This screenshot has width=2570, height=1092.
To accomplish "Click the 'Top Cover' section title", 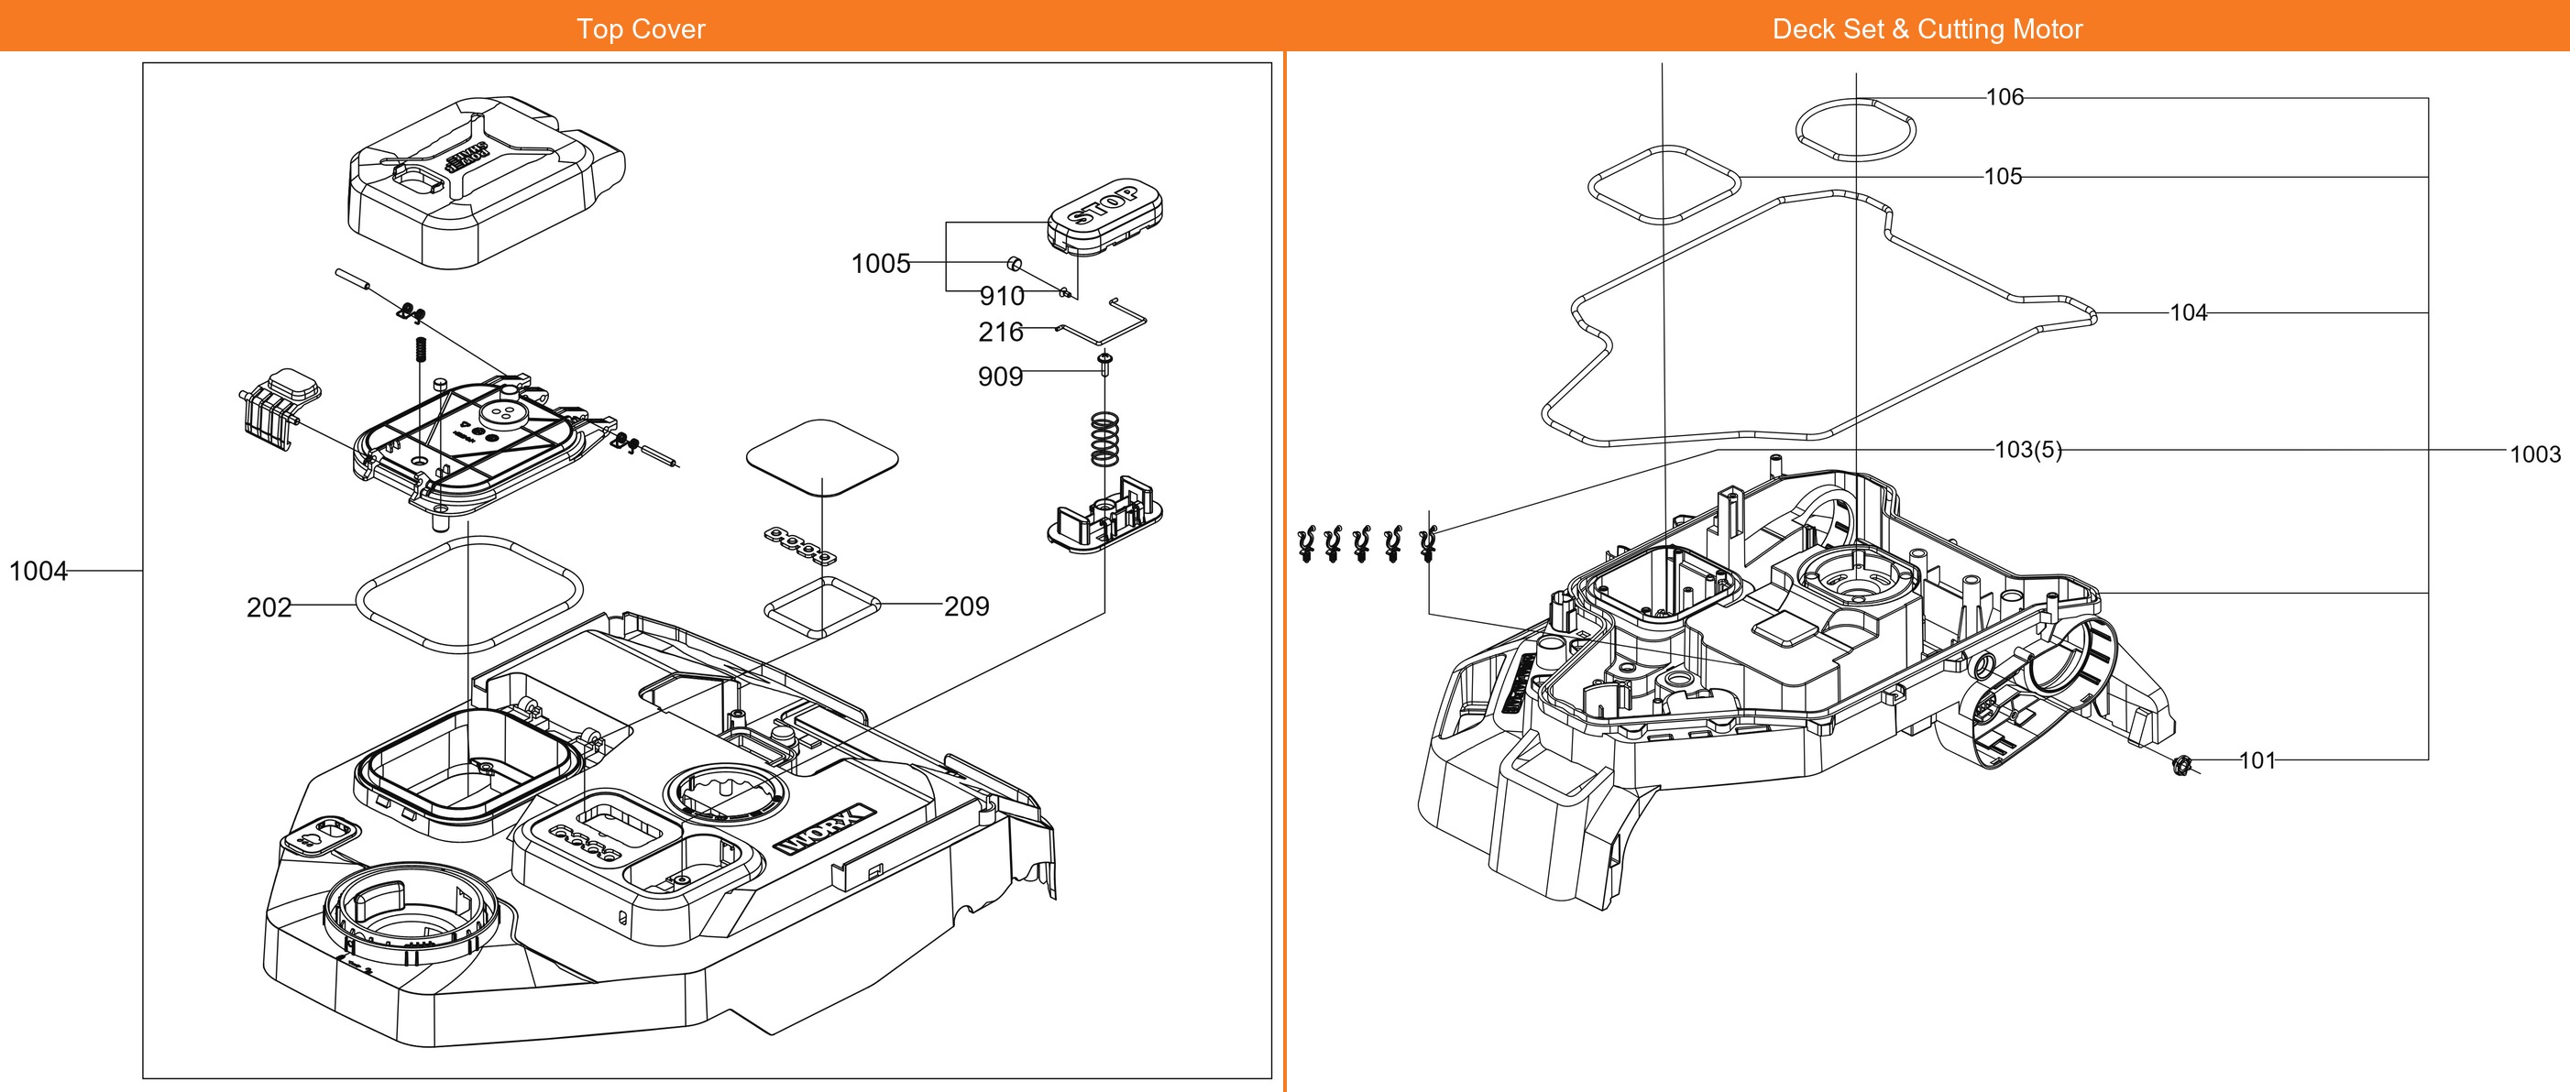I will (641, 29).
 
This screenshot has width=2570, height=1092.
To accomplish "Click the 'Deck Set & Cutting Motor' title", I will (1927, 29).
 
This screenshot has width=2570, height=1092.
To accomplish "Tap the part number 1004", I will (38, 572).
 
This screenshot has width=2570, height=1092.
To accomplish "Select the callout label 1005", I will (880, 263).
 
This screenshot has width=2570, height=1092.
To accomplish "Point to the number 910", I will (1002, 296).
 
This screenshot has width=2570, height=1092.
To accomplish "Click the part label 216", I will (1001, 332).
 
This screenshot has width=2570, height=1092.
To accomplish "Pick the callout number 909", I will (1000, 377).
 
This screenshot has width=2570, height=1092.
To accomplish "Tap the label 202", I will (269, 607).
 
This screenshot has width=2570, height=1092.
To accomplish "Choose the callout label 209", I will (966, 606).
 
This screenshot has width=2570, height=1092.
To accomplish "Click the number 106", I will (2004, 98).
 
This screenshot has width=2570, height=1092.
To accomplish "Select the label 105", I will (2003, 177).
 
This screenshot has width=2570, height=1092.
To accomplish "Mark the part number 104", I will (2188, 313).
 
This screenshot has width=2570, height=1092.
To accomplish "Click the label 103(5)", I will (2027, 450).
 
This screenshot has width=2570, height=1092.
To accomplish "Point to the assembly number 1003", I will (2534, 454).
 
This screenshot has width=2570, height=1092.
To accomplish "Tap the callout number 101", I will (2257, 761).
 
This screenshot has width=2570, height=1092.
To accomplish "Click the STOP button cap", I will (1105, 214).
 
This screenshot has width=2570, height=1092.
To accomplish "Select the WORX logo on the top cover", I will (825, 830).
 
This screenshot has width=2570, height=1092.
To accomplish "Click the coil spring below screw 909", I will (1104, 439).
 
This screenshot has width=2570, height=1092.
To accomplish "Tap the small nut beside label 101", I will (2180, 766).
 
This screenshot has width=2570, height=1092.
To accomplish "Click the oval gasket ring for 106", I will (1856, 130).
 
